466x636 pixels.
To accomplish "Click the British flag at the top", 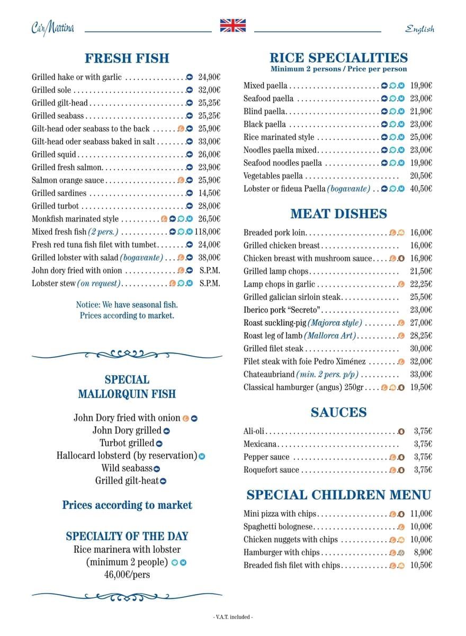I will (x=233, y=25).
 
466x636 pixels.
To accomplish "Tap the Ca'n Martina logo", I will (x=52, y=28).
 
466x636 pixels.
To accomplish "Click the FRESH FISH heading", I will (x=127, y=58).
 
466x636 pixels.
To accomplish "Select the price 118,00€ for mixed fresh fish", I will (x=207, y=232).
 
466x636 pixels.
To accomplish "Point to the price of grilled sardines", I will (x=209, y=193).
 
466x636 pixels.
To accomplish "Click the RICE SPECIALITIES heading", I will (x=339, y=58).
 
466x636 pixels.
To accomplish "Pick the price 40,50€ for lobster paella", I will (x=421, y=189).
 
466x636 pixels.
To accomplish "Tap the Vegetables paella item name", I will (x=273, y=176).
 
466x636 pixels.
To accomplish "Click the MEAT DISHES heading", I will (x=339, y=214).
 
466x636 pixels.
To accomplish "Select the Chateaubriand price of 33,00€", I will (x=421, y=374).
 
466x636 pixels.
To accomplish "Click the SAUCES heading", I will (x=339, y=412).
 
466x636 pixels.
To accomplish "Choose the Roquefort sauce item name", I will (x=271, y=470).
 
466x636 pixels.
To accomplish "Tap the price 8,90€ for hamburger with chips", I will (x=423, y=552).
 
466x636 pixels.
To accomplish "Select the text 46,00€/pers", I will (x=127, y=574).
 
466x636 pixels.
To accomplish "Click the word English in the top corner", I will (x=420, y=29).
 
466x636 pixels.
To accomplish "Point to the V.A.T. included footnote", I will (x=233, y=617).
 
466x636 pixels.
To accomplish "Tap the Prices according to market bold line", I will (x=127, y=505).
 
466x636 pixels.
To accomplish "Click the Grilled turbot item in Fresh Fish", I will (x=55, y=206).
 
